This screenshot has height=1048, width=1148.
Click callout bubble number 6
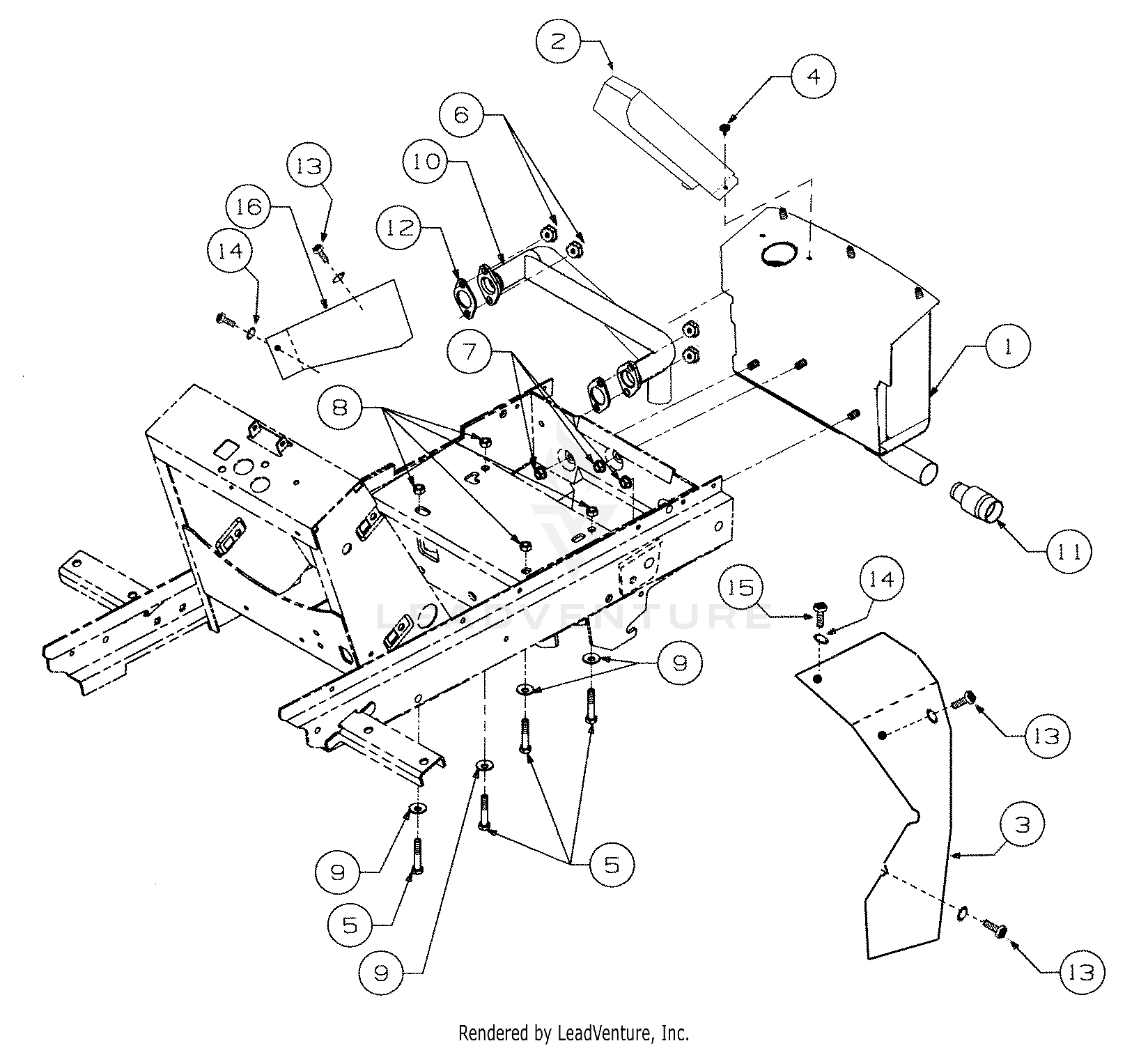tap(463, 114)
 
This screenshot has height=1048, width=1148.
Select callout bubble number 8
tap(340, 406)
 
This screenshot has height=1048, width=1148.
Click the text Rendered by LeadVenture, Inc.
tap(573, 1032)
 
